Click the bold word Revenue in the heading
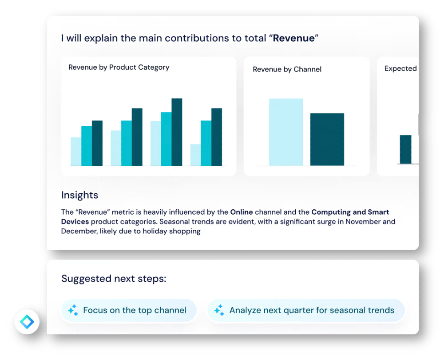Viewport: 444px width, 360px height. pyautogui.click(x=293, y=38)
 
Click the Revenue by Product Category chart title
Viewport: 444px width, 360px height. pyautogui.click(x=119, y=68)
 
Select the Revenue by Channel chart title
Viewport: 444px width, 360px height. pyautogui.click(x=287, y=69)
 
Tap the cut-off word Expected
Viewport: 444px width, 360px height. pyautogui.click(x=400, y=68)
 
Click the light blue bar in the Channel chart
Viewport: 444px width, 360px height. pyautogui.click(x=286, y=132)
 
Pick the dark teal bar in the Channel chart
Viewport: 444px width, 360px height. pyautogui.click(x=327, y=140)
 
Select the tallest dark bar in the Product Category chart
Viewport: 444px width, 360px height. pyautogui.click(x=177, y=132)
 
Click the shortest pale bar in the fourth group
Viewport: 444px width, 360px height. pyautogui.click(x=195, y=155)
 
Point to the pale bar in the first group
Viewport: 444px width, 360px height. pyautogui.click(x=76, y=152)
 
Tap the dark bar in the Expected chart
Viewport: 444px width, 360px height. pyautogui.click(x=405, y=149)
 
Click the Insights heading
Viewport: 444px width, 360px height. pyautogui.click(x=79, y=195)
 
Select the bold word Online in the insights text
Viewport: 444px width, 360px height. pyautogui.click(x=242, y=212)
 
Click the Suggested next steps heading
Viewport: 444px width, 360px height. pyautogui.click(x=114, y=279)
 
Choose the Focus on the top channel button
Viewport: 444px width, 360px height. pyautogui.click(x=128, y=310)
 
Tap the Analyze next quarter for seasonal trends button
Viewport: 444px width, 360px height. pyautogui.click(x=305, y=310)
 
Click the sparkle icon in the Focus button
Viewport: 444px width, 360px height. pyautogui.click(x=73, y=310)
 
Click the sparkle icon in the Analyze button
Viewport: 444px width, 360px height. pyautogui.click(x=219, y=310)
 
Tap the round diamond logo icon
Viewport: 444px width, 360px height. pyautogui.click(x=27, y=321)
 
